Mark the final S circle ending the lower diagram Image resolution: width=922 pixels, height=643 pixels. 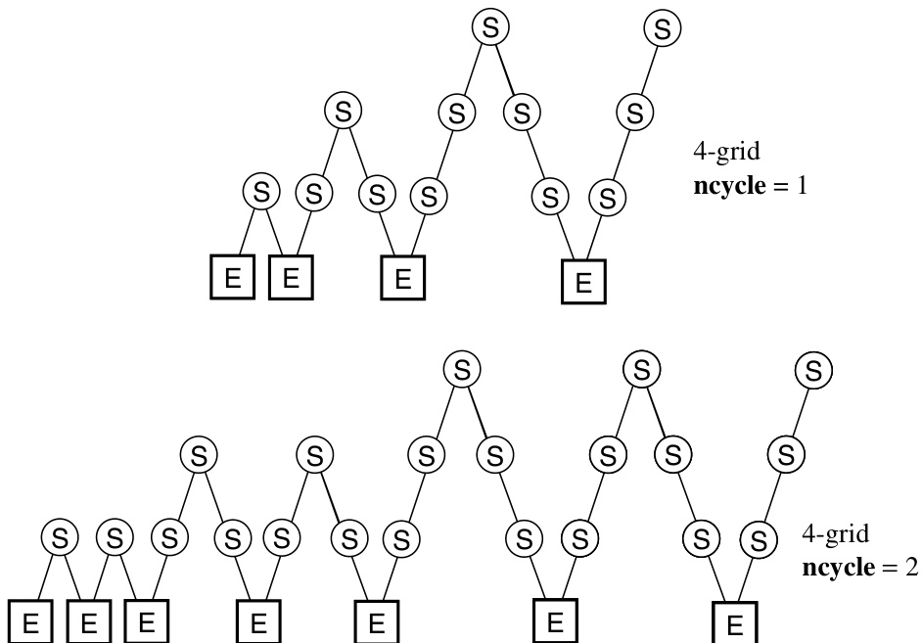(812, 370)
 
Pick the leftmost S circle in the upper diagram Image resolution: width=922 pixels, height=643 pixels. (260, 191)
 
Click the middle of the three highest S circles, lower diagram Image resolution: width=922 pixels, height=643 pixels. (641, 370)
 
